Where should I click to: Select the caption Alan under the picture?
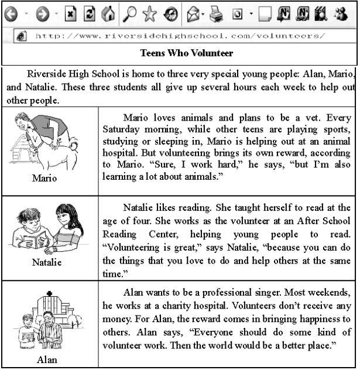coord(47,359)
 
